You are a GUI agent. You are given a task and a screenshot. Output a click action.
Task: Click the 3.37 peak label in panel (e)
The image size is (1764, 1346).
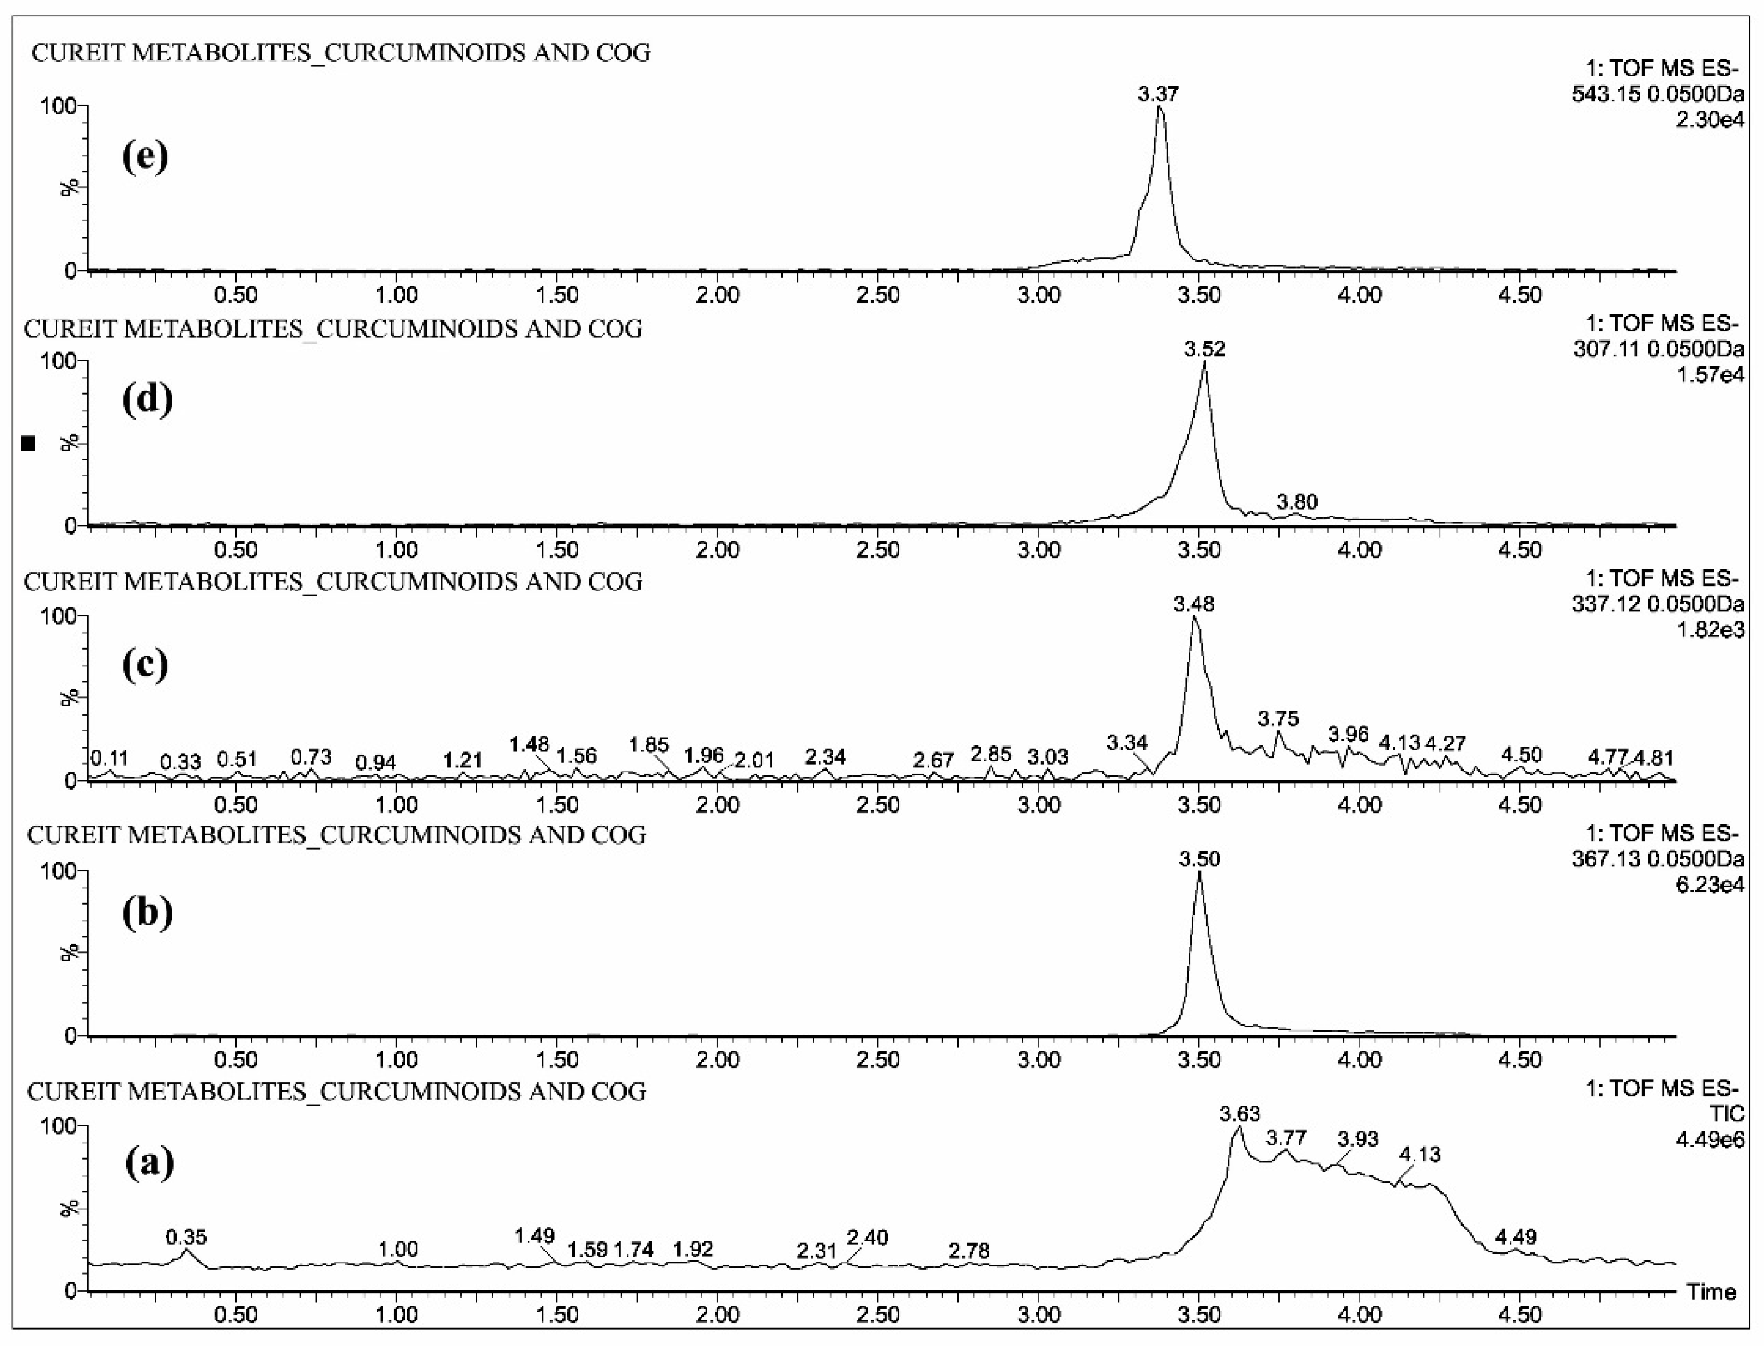(1159, 94)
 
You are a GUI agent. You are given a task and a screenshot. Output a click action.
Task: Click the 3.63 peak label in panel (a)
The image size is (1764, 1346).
(1239, 1114)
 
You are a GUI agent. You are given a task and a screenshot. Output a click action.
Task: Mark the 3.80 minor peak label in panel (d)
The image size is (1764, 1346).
(1296, 502)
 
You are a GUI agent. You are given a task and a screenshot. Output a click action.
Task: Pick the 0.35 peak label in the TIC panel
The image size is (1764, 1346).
(186, 1237)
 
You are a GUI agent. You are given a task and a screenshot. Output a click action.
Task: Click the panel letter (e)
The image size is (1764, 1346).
(145, 155)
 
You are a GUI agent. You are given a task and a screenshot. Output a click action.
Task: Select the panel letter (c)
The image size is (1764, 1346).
(145, 664)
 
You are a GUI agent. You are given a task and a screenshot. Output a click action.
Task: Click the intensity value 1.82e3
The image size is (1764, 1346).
(1710, 630)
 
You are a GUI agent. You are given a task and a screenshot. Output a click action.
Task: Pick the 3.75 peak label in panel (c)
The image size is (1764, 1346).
(1278, 719)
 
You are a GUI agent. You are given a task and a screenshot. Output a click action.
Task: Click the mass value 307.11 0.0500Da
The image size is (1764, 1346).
(1657, 349)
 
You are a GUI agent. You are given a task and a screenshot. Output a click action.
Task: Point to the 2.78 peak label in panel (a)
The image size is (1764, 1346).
(968, 1251)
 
